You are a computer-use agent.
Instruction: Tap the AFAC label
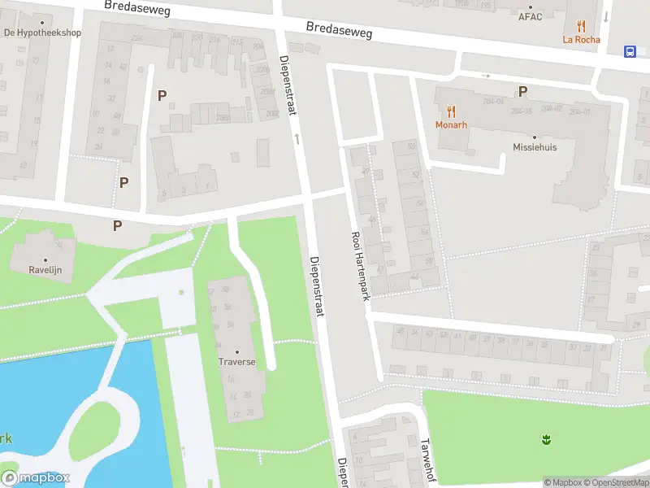pos(530,16)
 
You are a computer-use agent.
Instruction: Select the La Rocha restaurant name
pos(580,39)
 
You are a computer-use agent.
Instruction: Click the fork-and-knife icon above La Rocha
pos(580,26)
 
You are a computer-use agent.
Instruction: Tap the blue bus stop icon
pos(630,51)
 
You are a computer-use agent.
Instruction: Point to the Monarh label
pos(450,124)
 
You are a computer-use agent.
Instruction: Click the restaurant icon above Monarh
pos(450,111)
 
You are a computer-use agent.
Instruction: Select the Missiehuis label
pos(535,147)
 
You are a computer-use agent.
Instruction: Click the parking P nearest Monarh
pos(522,92)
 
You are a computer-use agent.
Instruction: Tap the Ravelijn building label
pos(45,269)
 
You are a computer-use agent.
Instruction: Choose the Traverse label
pos(236,362)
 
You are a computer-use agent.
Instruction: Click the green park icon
pos(546,440)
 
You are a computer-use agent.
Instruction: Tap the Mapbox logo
pos(36,477)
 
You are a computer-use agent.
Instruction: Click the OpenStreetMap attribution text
pos(613,482)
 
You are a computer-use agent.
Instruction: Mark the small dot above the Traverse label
pos(236,351)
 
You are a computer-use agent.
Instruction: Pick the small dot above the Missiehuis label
pos(535,137)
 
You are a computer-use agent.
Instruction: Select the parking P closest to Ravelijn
pos(118,225)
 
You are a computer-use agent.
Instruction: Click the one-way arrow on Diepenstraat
pos(297,139)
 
